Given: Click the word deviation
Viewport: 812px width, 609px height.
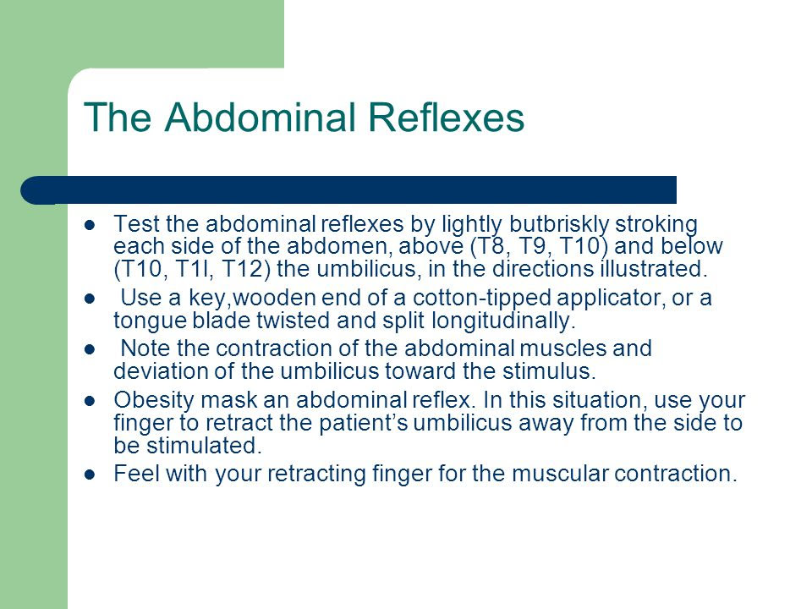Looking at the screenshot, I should pos(149,372).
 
